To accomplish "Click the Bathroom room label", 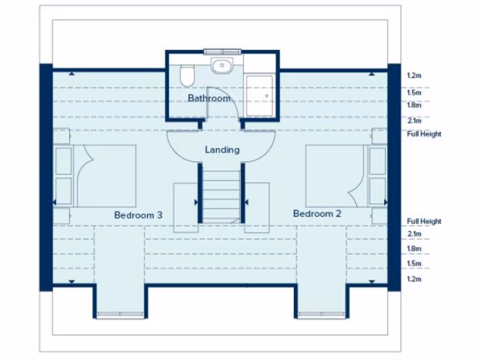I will (209, 98).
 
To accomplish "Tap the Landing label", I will (222, 150).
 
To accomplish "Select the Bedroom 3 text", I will (138, 215).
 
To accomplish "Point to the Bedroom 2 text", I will (317, 214).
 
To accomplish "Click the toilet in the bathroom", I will (187, 75).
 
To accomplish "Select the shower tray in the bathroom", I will (259, 95).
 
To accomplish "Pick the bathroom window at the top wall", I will (222, 51).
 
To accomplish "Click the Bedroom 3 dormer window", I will (120, 314).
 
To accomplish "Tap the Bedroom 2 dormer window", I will (321, 314).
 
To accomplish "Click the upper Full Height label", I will (424, 134).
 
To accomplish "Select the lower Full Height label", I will (424, 221).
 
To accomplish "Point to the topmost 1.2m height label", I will (414, 75).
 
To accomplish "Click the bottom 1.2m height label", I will (414, 279).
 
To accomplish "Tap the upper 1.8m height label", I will (414, 105).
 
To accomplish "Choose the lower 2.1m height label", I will (414, 234).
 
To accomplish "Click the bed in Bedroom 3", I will (105, 176).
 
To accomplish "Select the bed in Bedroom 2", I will (335, 176).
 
